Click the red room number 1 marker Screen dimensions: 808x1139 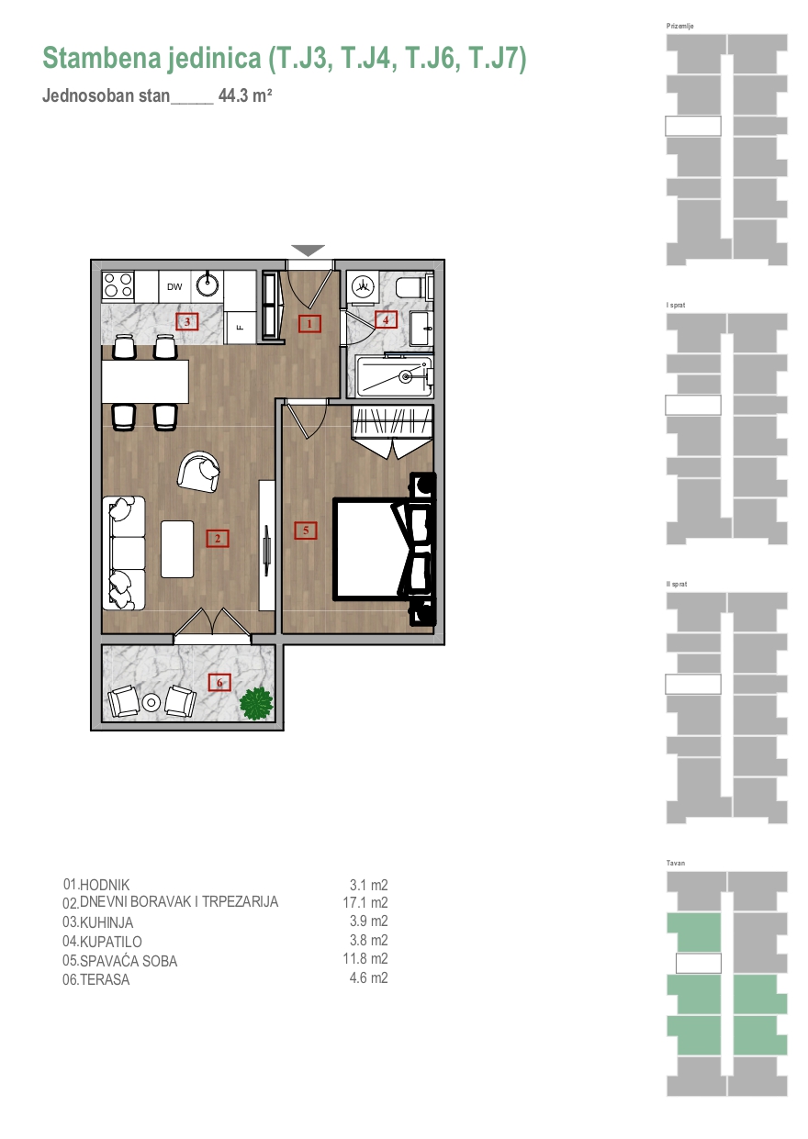click(x=309, y=323)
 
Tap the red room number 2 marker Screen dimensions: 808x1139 click(x=218, y=538)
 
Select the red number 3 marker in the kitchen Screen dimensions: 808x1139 click(x=186, y=321)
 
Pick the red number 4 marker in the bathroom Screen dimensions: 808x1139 click(x=386, y=319)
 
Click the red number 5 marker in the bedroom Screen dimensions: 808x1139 click(x=306, y=530)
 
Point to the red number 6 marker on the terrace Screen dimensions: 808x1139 click(x=219, y=682)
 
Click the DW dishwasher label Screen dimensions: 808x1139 click(x=174, y=286)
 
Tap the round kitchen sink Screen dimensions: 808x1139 click(x=208, y=285)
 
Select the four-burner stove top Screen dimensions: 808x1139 click(x=118, y=285)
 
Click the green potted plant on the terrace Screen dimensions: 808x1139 click(x=257, y=704)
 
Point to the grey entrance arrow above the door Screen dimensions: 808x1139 click(x=309, y=251)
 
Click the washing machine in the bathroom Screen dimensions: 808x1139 click(x=363, y=286)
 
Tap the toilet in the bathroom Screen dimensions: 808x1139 click(x=414, y=287)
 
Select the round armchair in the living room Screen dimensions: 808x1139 click(x=198, y=471)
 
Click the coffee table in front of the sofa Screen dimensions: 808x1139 click(x=177, y=549)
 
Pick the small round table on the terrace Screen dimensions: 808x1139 click(x=151, y=703)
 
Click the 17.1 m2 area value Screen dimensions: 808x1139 click(x=365, y=902)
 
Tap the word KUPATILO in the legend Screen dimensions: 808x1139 click(x=111, y=942)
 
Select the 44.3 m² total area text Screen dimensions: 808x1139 click(x=245, y=95)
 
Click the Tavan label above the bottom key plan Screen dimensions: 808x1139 click(x=676, y=863)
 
